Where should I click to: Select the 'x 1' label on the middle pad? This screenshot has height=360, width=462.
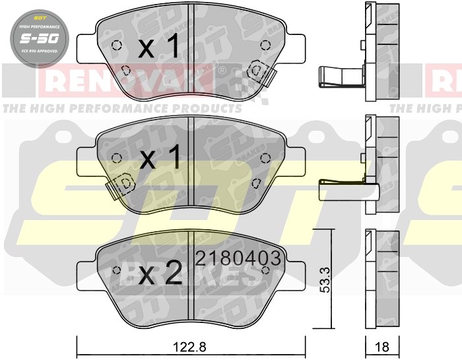158,157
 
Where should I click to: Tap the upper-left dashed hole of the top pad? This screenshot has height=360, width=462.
117,46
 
